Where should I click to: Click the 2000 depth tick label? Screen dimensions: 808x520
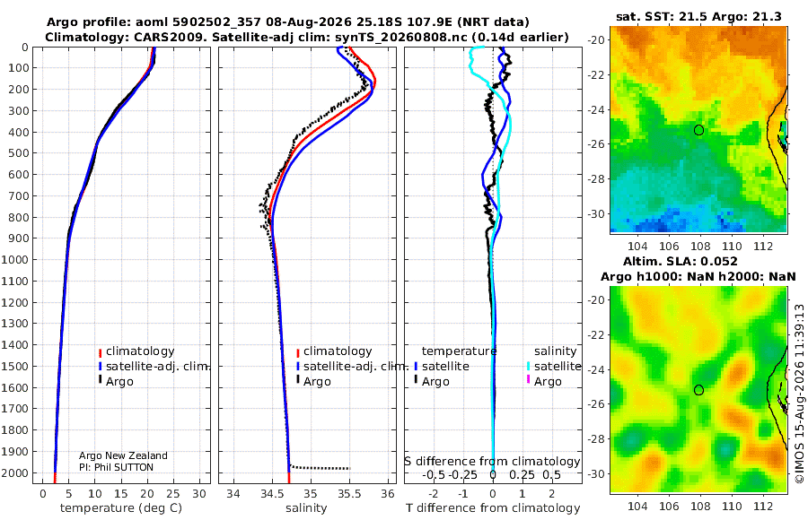(x=15, y=473)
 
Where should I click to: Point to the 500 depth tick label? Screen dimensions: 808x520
(x=19, y=153)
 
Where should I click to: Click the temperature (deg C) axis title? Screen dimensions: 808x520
(x=121, y=507)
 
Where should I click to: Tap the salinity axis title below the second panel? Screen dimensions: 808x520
(x=306, y=507)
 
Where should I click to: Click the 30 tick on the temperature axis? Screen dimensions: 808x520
(x=199, y=494)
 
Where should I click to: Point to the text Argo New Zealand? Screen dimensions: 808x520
(x=123, y=455)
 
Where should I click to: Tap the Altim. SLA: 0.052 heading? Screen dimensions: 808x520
(x=681, y=261)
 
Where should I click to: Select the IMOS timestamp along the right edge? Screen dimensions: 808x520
(x=799, y=394)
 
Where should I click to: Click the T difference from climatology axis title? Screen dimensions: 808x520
(x=493, y=507)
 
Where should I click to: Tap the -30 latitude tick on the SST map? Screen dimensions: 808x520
(x=596, y=213)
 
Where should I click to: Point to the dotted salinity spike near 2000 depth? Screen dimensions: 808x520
(x=320, y=467)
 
